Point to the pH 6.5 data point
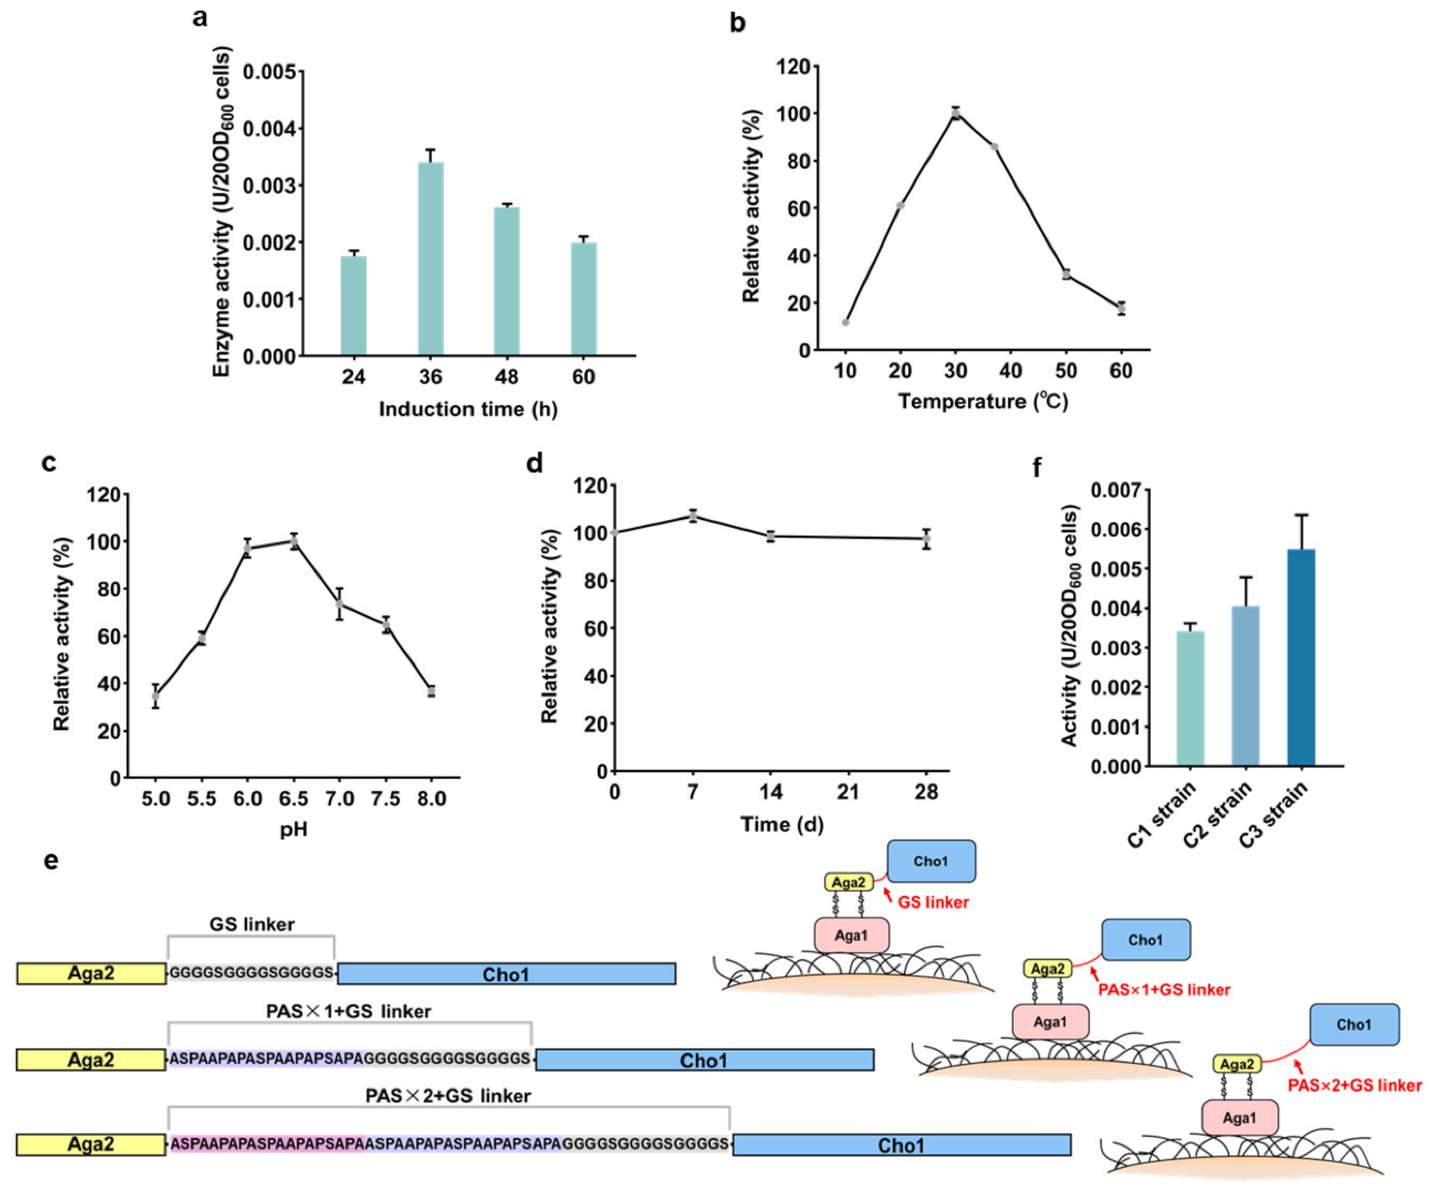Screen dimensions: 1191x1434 tap(293, 541)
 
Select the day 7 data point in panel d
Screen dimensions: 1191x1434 tap(693, 516)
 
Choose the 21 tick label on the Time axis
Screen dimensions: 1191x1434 tap(848, 792)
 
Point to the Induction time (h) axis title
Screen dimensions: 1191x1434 tap(468, 409)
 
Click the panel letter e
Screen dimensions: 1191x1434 tap(50, 861)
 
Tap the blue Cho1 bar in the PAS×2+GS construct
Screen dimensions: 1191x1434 tap(902, 1145)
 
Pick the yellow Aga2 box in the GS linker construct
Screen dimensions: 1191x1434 tap(91, 973)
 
